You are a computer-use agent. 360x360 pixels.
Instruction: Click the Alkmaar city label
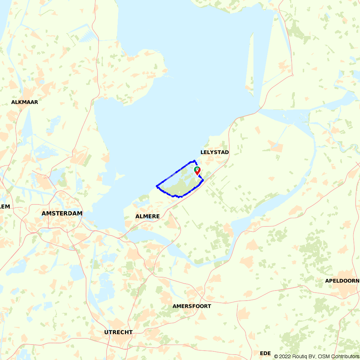24,102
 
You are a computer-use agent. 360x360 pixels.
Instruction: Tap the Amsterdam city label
62,213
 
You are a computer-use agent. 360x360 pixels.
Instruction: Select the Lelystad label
215,153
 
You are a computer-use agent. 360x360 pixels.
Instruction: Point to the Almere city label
147,216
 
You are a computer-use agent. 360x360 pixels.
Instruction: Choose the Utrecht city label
118,332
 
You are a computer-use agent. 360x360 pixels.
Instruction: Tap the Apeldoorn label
342,281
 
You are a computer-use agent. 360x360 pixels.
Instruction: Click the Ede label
265,353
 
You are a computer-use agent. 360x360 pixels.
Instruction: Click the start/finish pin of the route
197,171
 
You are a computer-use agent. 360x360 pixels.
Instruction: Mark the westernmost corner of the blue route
157,186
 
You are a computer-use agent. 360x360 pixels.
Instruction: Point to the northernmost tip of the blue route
194,161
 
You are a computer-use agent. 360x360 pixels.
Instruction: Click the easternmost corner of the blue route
203,180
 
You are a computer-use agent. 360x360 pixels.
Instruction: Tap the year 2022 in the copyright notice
284,356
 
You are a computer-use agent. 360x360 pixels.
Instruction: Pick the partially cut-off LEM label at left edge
5,207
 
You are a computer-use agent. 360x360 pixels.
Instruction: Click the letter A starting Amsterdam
44,213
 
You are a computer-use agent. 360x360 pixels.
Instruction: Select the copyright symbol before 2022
276,356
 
